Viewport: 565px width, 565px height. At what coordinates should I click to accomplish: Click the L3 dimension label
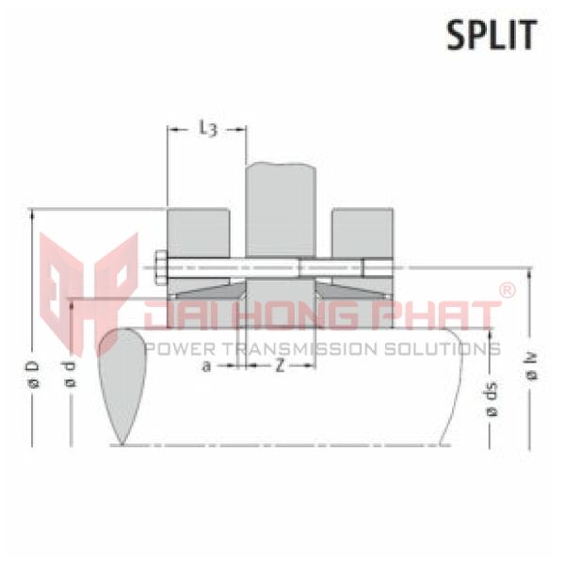click(209, 129)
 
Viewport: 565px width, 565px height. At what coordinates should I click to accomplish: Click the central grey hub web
click(280, 207)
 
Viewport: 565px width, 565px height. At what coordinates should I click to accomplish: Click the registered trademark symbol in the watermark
click(506, 291)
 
